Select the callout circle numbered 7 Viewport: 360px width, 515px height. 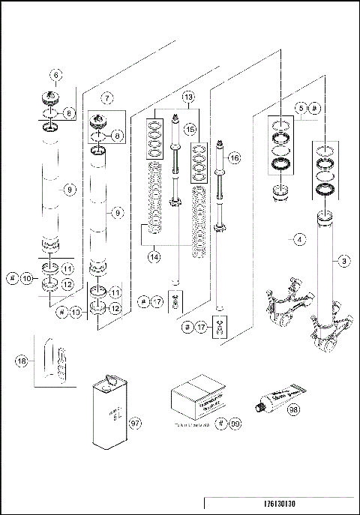[107, 97]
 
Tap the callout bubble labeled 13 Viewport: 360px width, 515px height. [188, 97]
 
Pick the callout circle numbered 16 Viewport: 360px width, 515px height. [235, 158]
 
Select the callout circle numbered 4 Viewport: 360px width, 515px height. [299, 240]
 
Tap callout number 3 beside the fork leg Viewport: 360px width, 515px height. [343, 260]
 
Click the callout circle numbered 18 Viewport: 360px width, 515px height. [22, 361]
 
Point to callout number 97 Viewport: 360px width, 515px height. [135, 424]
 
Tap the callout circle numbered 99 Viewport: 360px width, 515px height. [235, 424]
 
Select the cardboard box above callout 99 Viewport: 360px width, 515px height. [196, 394]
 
